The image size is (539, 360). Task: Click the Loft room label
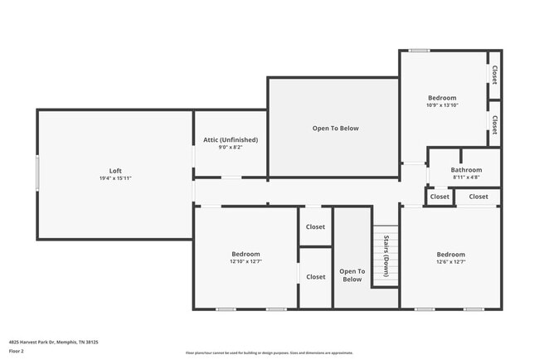[x=115, y=171]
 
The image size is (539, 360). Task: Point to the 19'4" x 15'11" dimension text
[x=115, y=178]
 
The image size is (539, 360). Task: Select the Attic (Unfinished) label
[x=231, y=139]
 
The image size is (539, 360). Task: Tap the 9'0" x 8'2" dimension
[x=231, y=148]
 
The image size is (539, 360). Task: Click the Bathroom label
[x=467, y=169]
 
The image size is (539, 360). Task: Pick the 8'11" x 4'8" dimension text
[x=467, y=177]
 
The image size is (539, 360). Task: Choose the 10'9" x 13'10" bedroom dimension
[x=441, y=105]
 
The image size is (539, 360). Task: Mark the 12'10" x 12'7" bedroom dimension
[x=245, y=261]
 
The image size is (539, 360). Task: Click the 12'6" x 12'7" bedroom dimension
[x=450, y=261]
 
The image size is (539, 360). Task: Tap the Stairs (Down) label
[x=386, y=256]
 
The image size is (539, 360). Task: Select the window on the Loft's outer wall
[x=36, y=174]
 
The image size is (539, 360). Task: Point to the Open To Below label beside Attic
[x=335, y=128]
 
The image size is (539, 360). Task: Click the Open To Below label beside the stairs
[x=352, y=275]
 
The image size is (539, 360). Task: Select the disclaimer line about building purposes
[x=269, y=353]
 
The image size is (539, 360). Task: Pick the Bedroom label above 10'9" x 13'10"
[x=441, y=98]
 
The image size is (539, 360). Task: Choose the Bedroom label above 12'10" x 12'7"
[x=245, y=254]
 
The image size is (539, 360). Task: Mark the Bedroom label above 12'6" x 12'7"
[x=450, y=254]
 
